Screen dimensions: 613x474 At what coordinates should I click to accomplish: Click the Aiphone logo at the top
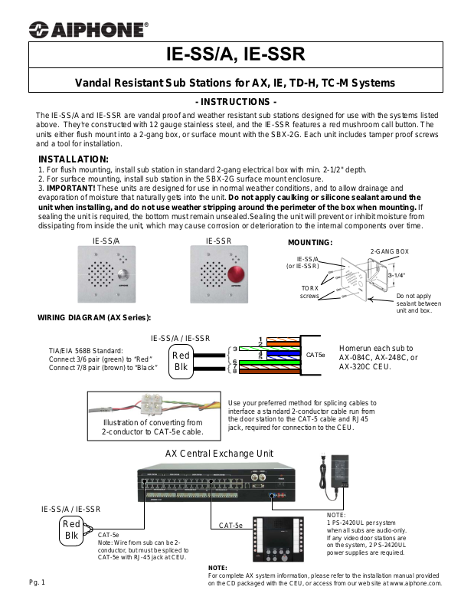pos(89,29)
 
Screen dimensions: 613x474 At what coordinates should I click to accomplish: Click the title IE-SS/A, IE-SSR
pos(236,54)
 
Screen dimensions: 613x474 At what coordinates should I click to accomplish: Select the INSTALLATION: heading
pos(74,159)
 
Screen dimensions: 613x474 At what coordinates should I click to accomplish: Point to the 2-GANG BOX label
pos(390,251)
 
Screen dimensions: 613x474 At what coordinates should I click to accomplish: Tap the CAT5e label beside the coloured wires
pos(315,355)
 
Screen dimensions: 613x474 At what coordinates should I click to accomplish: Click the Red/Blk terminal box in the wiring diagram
pos(181,359)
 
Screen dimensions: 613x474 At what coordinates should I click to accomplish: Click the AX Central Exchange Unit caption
pos(219,454)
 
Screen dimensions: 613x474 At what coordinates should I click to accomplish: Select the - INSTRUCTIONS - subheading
pos(236,101)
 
